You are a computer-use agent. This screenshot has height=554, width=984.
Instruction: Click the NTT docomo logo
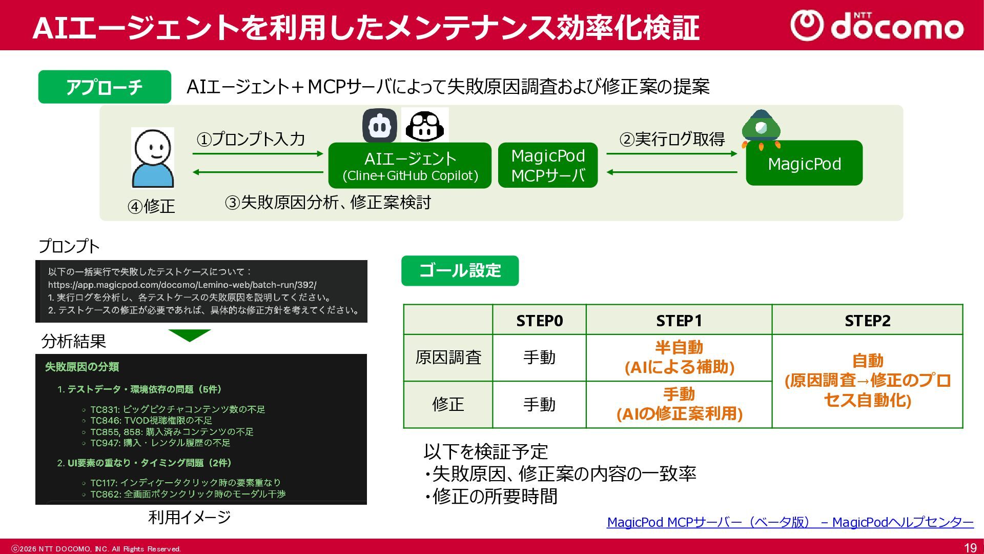876,26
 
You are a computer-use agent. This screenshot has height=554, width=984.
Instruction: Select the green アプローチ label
105,87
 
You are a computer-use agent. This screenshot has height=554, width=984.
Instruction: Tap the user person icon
153,158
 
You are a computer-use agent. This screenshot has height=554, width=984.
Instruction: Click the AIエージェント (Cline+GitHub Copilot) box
409,165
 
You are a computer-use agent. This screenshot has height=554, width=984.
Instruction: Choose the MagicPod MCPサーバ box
548,165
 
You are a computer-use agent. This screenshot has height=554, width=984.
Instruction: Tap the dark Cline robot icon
379,125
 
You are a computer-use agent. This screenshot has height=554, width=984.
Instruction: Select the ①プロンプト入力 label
251,139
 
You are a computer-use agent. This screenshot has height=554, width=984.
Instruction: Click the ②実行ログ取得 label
672,139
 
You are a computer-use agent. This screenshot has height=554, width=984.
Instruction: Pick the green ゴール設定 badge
460,270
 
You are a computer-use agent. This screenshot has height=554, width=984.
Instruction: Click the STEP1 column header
679,321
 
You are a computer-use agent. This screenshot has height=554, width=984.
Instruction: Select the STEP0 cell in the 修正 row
539,404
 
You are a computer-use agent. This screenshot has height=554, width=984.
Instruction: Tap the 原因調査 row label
448,358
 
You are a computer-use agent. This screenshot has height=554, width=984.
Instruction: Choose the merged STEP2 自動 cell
867,381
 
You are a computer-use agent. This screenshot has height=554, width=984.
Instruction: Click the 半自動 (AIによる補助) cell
679,358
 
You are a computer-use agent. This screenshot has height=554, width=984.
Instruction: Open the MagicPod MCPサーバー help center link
790,522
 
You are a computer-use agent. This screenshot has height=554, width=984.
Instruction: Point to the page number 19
970,548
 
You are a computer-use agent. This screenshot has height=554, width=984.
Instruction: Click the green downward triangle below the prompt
190,335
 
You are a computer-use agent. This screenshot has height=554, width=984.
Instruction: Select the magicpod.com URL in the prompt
182,285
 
